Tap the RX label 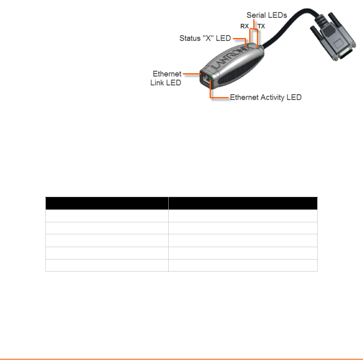pyautogui.click(x=244, y=27)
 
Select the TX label pyautogui.click(x=261, y=27)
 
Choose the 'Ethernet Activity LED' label pyautogui.click(x=266, y=97)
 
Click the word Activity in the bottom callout pyautogui.click(x=273, y=97)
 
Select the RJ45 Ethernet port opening pyautogui.click(x=205, y=80)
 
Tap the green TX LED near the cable pyautogui.click(x=258, y=48)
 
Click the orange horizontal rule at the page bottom pyautogui.click(x=181, y=359)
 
